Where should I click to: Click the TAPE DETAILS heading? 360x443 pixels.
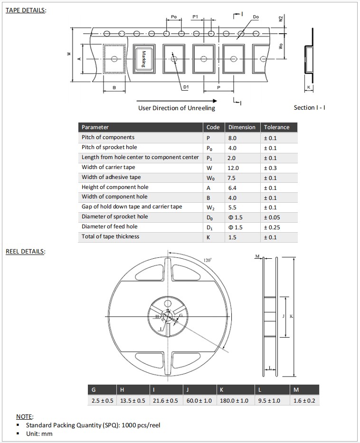coord(26,10)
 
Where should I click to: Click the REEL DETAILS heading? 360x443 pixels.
coord(25,252)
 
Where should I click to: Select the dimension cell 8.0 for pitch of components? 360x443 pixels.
coord(232,138)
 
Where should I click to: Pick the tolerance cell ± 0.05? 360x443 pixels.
coord(272,217)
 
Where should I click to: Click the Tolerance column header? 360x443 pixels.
coord(276,127)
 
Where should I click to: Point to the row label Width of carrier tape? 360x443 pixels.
coord(108,167)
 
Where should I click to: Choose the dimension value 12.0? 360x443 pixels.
coord(233,168)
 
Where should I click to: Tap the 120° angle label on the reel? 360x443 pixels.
coord(207,260)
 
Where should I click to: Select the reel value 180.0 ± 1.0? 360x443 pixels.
coord(234,401)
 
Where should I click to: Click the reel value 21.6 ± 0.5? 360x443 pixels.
coord(166,401)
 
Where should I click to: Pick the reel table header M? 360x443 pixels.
coord(296,390)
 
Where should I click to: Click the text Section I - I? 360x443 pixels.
coord(309,108)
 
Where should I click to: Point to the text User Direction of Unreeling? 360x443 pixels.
coord(176,108)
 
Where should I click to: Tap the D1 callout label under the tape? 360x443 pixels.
coord(186,87)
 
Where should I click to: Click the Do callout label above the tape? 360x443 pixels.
coord(256,17)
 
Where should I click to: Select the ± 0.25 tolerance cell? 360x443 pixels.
coord(272,227)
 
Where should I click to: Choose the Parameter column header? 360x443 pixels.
coord(95,127)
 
